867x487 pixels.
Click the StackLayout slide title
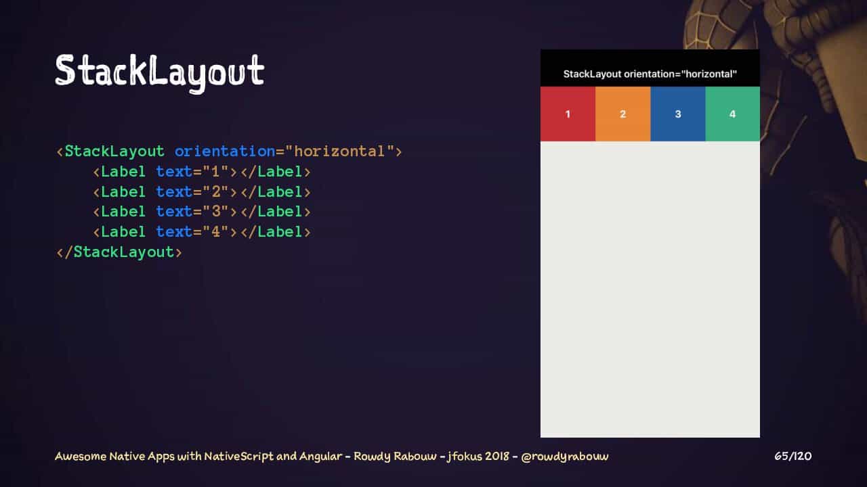tap(160, 72)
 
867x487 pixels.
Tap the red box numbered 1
tap(568, 114)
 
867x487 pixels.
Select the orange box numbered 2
tap(622, 114)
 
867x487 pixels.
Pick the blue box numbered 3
tap(678, 114)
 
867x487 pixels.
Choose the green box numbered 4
tap(733, 114)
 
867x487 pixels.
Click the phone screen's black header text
tap(650, 74)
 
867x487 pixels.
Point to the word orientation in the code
tap(224, 151)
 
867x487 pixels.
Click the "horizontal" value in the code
tap(339, 151)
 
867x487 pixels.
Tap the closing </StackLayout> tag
tap(119, 252)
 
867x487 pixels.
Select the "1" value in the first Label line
tap(215, 171)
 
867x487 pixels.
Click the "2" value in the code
tap(215, 191)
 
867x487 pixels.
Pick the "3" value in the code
tap(215, 212)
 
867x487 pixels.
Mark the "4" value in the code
tap(215, 232)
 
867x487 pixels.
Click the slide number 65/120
tap(792, 457)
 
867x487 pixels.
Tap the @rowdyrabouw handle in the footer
tap(565, 457)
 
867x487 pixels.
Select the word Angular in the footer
tap(320, 457)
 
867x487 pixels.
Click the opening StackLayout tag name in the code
tap(114, 152)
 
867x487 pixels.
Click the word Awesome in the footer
tap(81, 457)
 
